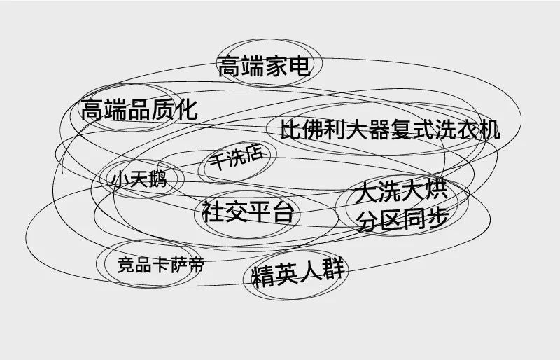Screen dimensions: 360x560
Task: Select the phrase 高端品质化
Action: [x=139, y=110]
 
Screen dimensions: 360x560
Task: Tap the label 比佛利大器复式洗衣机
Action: [x=390, y=130]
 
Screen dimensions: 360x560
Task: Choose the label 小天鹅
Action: [x=139, y=179]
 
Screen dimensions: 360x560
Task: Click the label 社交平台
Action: [x=247, y=212]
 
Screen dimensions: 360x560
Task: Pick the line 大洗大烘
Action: [x=400, y=193]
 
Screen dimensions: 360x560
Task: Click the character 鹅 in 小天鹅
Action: [x=157, y=179]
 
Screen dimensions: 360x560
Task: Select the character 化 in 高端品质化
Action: [x=186, y=109]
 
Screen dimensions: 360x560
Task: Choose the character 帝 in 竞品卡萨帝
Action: [x=195, y=264]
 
